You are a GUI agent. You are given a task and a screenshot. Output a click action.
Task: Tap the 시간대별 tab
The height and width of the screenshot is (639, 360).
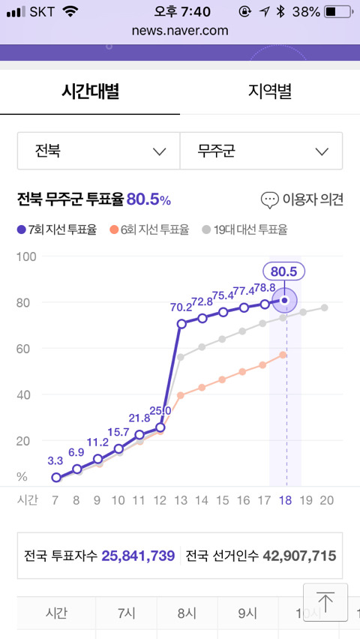(x=90, y=91)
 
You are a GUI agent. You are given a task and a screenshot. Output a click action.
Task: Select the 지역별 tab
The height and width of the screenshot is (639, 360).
(x=270, y=91)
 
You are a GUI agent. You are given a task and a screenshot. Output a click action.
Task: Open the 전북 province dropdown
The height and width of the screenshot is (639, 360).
(x=99, y=151)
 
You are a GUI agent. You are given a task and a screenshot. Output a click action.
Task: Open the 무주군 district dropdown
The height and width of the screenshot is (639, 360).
(x=261, y=151)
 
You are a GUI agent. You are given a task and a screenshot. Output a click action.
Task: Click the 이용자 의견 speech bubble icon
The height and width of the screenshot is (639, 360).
(x=269, y=200)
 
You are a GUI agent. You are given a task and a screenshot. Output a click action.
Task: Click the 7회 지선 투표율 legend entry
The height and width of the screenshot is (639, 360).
(x=57, y=229)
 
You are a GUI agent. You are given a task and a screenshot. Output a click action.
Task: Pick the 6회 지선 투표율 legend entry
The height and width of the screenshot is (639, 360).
(x=149, y=229)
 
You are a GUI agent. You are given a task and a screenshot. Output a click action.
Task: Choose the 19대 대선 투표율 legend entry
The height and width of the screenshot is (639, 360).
(x=244, y=229)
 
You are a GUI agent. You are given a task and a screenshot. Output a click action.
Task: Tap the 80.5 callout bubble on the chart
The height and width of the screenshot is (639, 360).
(x=283, y=271)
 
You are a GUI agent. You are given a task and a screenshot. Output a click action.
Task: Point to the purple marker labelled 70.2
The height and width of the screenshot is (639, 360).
(x=181, y=324)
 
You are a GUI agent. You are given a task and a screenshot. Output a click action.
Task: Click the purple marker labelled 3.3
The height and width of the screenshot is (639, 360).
(x=56, y=477)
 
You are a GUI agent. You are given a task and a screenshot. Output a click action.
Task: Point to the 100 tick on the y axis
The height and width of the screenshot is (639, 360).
(x=26, y=256)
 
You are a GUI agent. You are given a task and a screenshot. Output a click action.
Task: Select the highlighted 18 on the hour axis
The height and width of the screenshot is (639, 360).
(x=286, y=500)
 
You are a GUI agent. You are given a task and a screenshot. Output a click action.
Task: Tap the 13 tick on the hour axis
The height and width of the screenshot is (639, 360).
(x=181, y=500)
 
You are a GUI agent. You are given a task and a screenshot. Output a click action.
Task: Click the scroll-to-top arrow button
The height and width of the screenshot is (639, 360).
(x=325, y=602)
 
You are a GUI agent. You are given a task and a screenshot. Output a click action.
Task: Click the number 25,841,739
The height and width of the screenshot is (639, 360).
(x=138, y=556)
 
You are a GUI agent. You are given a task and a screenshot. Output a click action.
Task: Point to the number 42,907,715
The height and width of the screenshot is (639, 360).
(x=300, y=556)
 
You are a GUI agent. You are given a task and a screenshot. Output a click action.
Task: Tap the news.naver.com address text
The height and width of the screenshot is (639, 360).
(x=180, y=31)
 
